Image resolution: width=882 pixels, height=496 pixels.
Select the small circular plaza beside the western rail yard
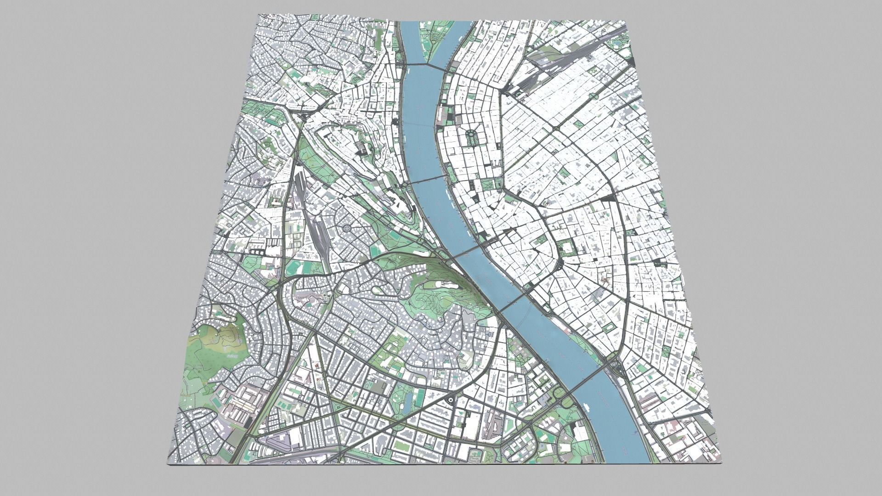pyautogui.click(x=347, y=228)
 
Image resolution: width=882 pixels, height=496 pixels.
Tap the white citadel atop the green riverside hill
pyautogui.click(x=443, y=285)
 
